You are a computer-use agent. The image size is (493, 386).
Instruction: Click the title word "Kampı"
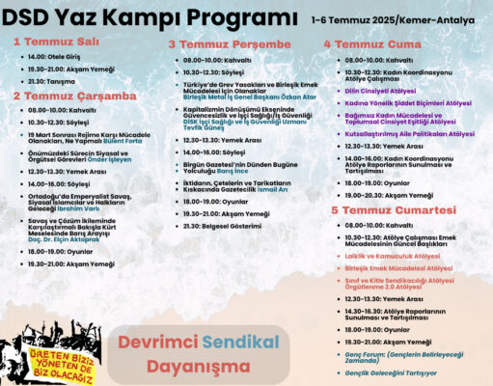[x=158, y=18]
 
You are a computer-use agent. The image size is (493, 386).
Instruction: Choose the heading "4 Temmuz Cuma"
[x=367, y=43]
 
